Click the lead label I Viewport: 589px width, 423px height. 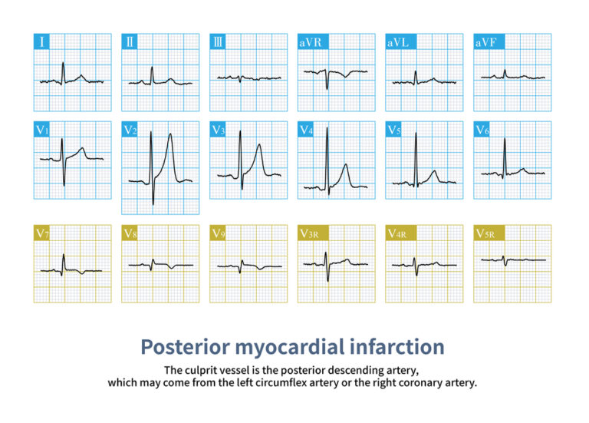pos(41,41)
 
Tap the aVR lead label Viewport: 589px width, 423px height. pos(313,41)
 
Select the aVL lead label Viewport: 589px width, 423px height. pos(401,41)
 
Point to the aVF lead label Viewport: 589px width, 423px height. pos(489,41)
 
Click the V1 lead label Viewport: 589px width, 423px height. pos(41,129)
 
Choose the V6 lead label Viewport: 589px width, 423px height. pos(482,129)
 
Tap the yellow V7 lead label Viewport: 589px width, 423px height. pos(41,233)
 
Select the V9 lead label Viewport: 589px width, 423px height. pos(218,233)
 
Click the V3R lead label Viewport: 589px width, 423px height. pos(313,233)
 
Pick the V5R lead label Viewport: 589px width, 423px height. pos(489,233)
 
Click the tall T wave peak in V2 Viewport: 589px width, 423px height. pos(170,134)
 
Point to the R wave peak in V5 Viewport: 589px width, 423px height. pos(416,133)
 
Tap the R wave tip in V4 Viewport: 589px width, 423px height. pos(327,128)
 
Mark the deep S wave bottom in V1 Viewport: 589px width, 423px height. pos(64,185)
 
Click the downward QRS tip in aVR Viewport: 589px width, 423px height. pos(327,89)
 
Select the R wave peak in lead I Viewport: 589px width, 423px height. pos(63,62)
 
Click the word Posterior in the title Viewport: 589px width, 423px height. pos(185,347)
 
